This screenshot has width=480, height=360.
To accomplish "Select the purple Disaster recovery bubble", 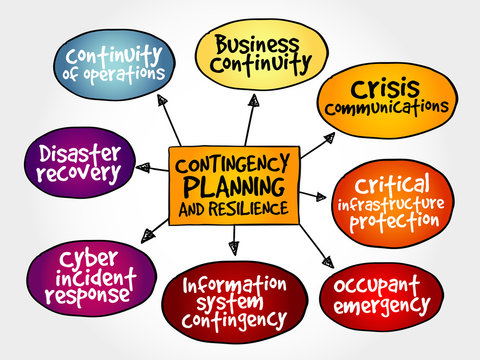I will point(77,162).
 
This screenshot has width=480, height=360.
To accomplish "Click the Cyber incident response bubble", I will point(90,274).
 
